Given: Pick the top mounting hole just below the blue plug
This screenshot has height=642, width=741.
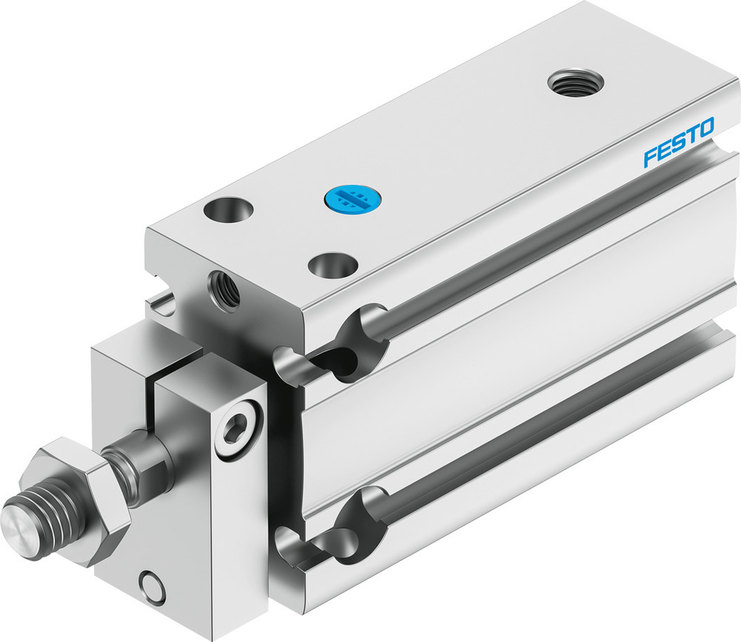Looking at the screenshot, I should [x=331, y=263].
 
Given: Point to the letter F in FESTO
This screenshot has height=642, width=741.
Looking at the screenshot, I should [x=650, y=154].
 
